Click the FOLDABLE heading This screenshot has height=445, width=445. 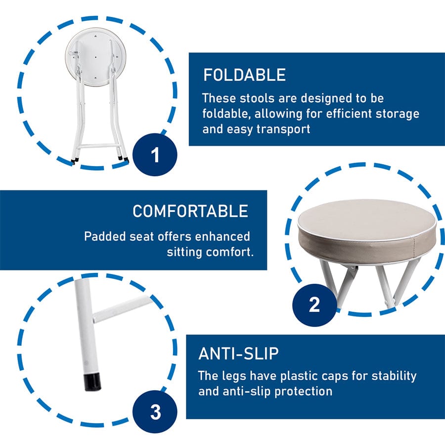[x=244, y=75]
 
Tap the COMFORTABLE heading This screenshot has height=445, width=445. [x=190, y=211]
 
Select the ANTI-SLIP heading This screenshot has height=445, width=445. [x=238, y=354]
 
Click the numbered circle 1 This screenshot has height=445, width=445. [x=155, y=155]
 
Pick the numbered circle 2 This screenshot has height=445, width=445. [x=314, y=305]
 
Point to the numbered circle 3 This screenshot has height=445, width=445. [x=155, y=412]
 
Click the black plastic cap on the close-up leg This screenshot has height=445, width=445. [x=92, y=382]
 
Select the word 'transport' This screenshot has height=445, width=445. [x=283, y=130]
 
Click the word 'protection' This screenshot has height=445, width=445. [x=303, y=392]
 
